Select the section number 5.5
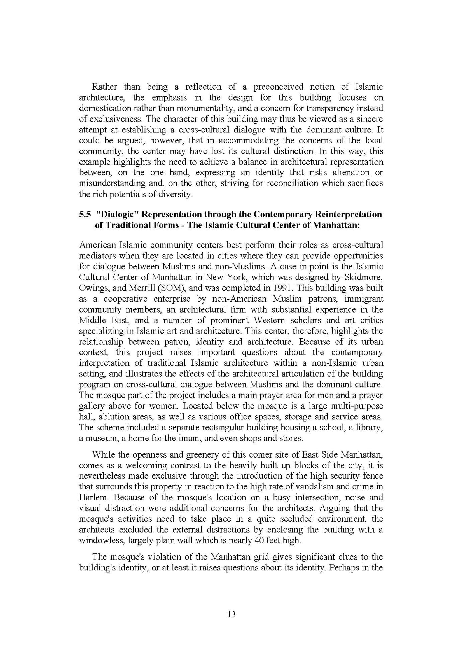[x=85, y=214]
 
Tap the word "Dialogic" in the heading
[x=115, y=214]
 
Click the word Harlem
[x=93, y=497]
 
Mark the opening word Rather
[x=104, y=87]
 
